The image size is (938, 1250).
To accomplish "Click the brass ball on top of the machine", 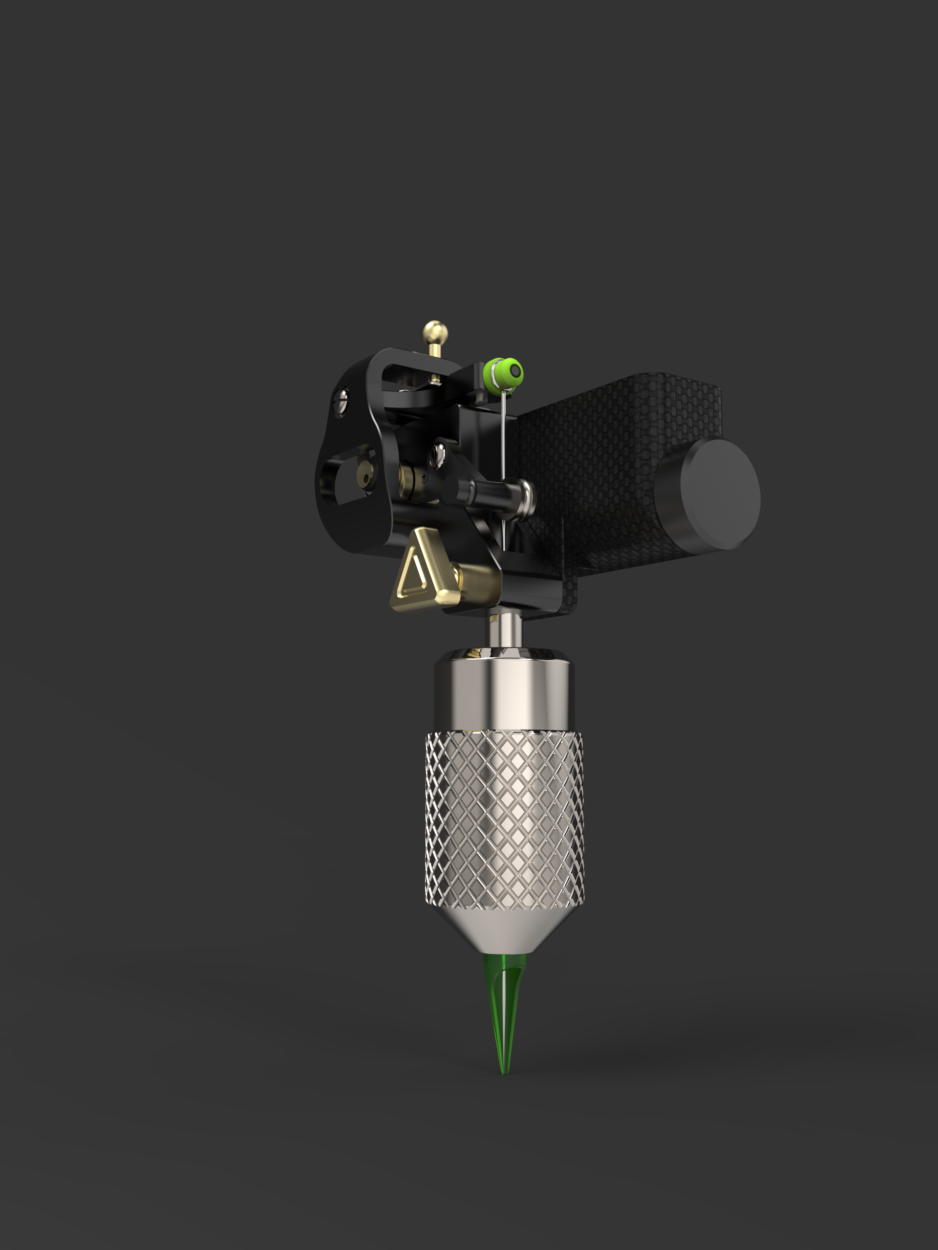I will (x=435, y=333).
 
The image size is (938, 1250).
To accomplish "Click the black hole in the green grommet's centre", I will (x=515, y=371).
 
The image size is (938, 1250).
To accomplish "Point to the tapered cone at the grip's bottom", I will (x=505, y=932).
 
